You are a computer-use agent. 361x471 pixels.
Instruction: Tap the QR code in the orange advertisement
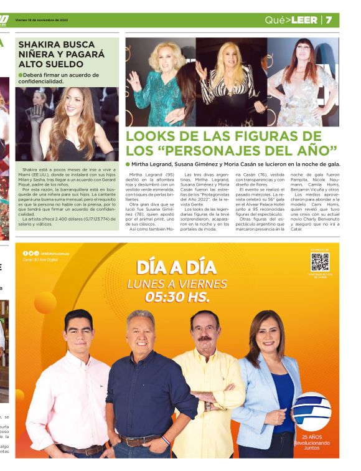(x=320, y=262)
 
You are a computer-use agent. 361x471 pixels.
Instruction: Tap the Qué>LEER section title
(x=291, y=20)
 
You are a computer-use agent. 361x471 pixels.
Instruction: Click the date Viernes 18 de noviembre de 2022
(x=41, y=20)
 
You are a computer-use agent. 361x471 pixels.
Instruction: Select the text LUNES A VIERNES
(x=177, y=284)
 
